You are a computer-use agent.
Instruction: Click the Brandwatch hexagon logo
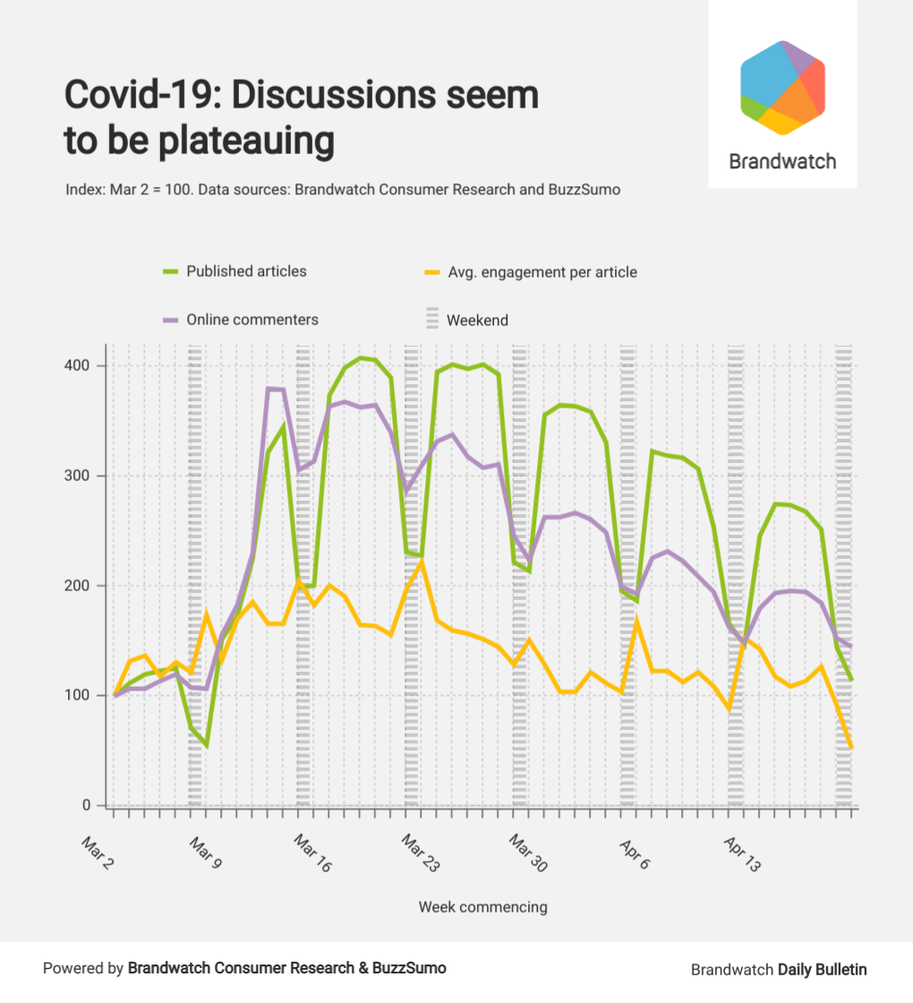pos(782,88)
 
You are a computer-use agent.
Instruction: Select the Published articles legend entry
pos(246,271)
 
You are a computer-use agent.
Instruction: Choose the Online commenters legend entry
pos(252,320)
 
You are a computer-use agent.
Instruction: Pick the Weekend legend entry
pos(477,320)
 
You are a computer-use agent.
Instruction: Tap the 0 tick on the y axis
pos(87,805)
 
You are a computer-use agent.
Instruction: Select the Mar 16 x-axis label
pos(312,853)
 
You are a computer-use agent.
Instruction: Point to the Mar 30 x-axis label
pos(527,853)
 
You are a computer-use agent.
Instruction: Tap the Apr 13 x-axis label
pos(742,853)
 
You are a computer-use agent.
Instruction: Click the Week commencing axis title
pos(482,907)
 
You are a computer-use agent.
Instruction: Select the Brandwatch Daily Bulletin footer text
pos(779,969)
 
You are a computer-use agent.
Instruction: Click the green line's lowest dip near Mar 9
pos(207,745)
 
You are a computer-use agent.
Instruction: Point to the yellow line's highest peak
pos(421,562)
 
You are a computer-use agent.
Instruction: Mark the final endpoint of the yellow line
pos(851,748)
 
